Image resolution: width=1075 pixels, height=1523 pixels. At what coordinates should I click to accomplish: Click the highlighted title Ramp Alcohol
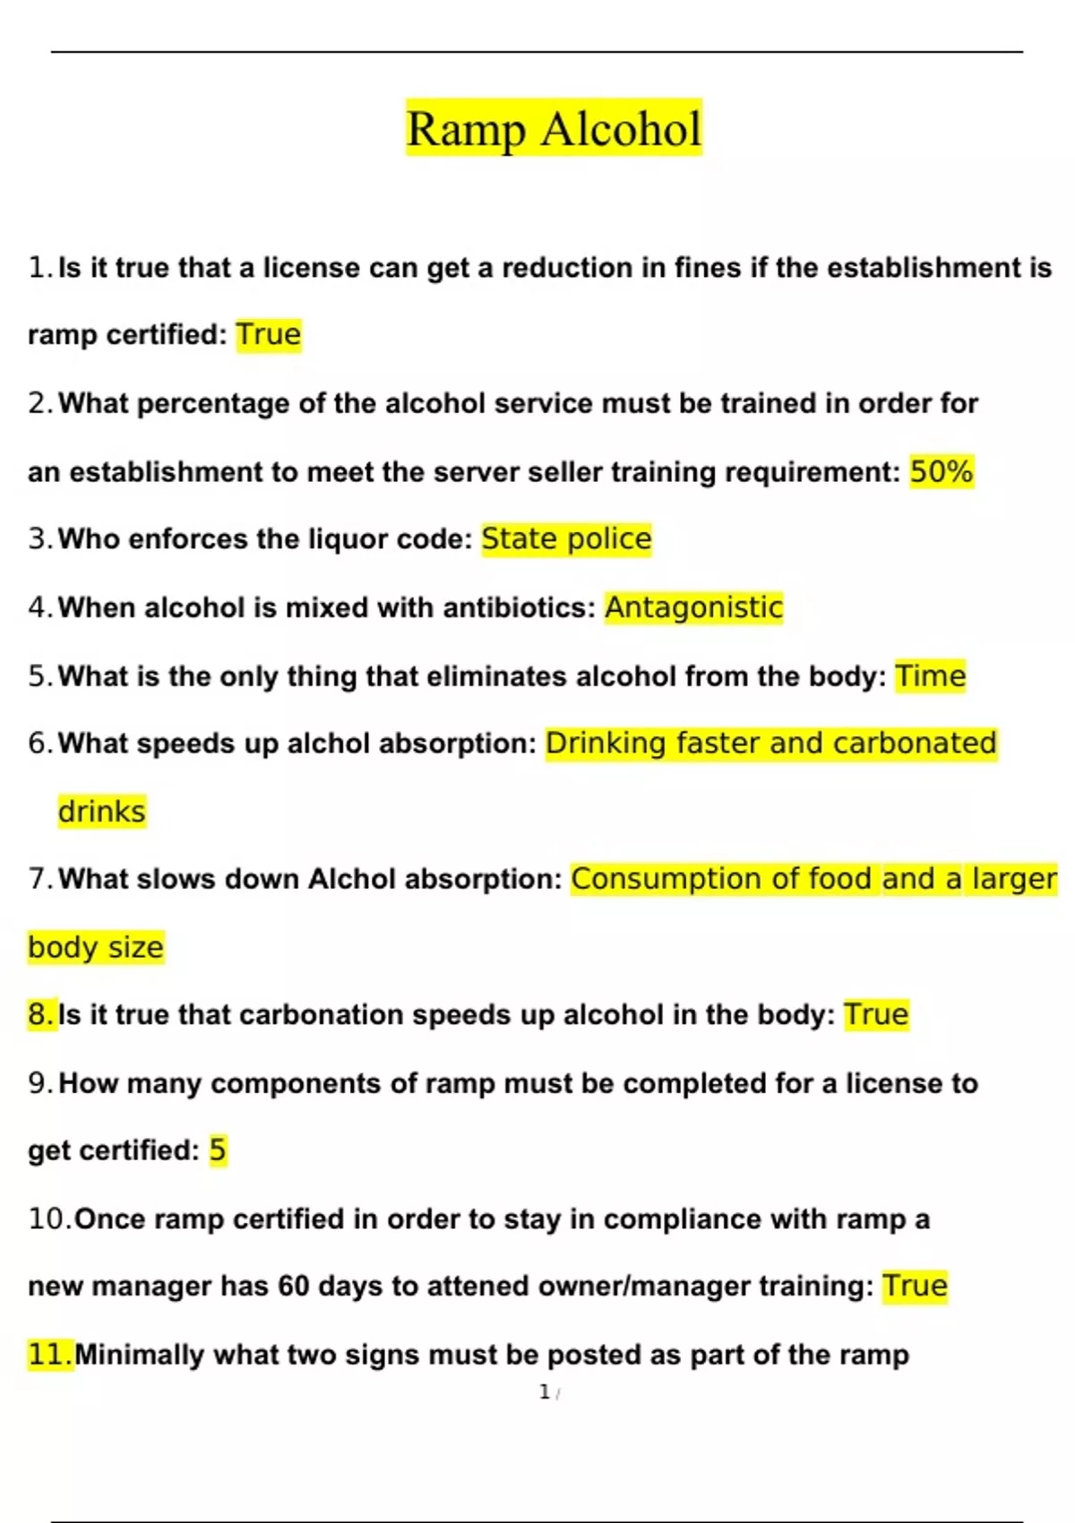(x=554, y=128)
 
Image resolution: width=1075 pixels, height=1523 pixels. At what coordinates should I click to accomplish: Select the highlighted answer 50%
(x=942, y=471)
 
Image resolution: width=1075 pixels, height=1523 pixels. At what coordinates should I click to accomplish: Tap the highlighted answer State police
(x=566, y=539)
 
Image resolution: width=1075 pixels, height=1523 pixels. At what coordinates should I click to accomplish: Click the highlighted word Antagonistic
(x=693, y=607)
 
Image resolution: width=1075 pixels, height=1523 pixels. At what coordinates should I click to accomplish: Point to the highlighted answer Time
(x=931, y=675)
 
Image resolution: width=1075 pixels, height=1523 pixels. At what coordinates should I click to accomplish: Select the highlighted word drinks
(x=101, y=812)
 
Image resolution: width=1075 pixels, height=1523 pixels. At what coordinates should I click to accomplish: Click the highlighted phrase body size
(x=96, y=947)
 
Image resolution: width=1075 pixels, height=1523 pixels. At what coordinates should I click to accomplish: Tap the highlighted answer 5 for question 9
(x=218, y=1150)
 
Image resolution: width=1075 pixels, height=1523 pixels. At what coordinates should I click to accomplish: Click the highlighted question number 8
(x=41, y=1015)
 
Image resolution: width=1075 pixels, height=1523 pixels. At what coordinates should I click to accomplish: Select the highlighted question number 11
(x=49, y=1355)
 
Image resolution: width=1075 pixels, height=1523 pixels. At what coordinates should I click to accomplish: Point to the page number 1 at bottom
(x=545, y=1392)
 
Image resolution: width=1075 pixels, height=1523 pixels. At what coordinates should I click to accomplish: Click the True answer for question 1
(x=269, y=335)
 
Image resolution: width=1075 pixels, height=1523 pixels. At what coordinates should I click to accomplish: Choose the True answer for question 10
(x=915, y=1286)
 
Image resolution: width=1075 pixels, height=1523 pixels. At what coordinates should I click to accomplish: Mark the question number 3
(x=39, y=539)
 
